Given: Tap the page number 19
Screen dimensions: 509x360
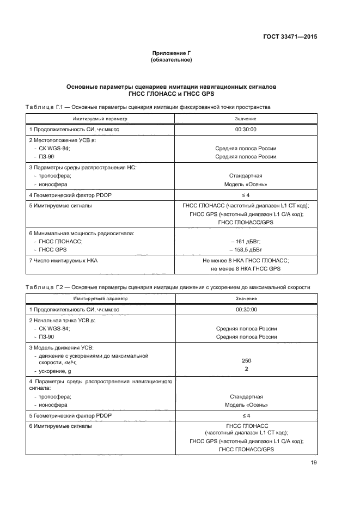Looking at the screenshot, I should pos(313,463).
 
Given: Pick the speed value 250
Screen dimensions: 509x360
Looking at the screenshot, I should pos(246,360).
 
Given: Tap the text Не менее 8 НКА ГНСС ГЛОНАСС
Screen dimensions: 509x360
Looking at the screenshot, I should pos(246,261).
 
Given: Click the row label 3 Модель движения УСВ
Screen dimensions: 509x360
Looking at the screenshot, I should pos(61,347).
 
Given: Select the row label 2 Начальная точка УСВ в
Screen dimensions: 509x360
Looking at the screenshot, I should pos(62,321).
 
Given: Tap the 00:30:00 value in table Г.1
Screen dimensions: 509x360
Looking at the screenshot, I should pos(246,130).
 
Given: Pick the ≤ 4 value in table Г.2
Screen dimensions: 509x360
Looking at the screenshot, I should pos(246,415).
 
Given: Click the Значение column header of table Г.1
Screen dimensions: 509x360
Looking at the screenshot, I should pos(246,119).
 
